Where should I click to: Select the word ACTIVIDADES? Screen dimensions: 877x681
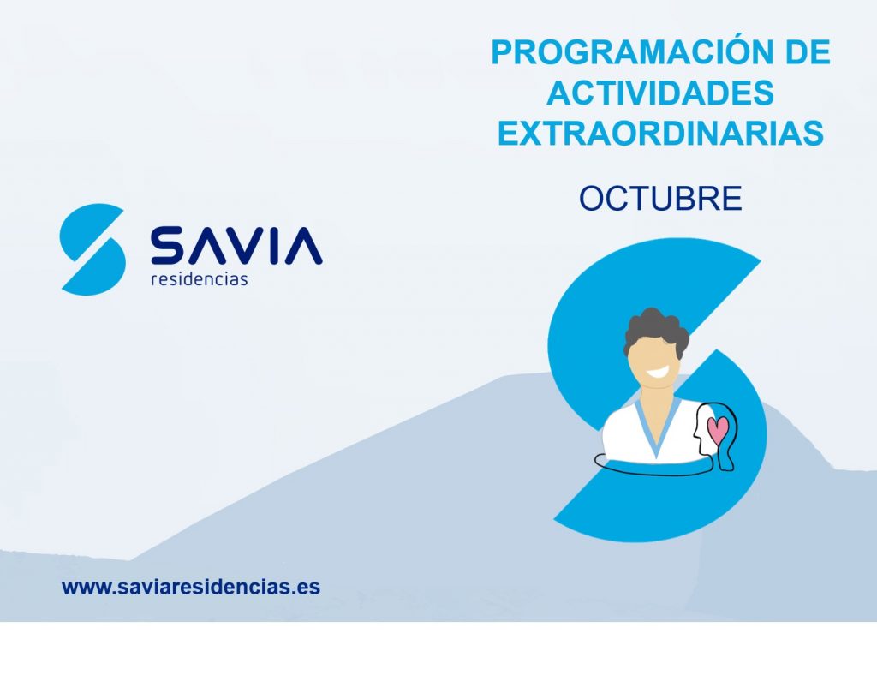pos(660,93)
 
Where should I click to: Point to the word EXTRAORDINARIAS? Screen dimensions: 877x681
pos(660,133)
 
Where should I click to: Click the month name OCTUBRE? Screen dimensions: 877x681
pos(660,198)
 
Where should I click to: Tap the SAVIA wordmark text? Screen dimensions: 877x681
pos(236,245)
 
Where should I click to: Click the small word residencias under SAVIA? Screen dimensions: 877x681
pos(199,278)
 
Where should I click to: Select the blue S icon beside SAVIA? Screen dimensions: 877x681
pos(92,249)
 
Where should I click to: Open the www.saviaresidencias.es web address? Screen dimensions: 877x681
pos(191,587)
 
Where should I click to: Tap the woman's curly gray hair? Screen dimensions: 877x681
pos(655,330)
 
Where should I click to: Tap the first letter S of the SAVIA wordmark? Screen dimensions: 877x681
pos(167,245)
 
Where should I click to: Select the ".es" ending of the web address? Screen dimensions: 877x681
pos(308,588)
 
